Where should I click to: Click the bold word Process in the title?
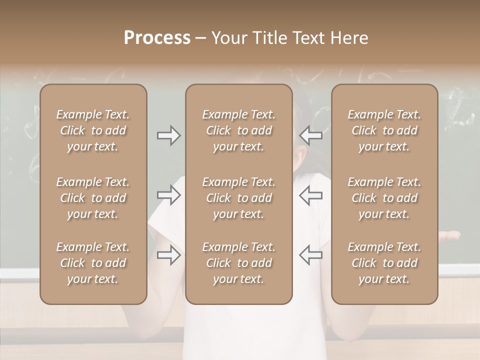[157, 38]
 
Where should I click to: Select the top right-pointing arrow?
[169, 135]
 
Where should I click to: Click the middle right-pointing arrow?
[169, 195]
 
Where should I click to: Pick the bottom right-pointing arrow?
[169, 255]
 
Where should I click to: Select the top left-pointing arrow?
[311, 135]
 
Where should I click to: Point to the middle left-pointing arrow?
[311, 195]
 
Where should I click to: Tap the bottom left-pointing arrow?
[311, 255]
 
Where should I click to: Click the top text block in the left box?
[93, 130]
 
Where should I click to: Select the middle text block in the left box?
[93, 198]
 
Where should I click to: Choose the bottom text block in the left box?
[93, 263]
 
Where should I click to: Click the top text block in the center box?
[239, 130]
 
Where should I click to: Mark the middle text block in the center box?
[239, 198]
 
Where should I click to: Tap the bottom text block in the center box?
[239, 263]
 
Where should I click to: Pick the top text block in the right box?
[384, 130]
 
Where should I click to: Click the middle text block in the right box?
[384, 198]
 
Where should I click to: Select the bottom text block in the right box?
[384, 263]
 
